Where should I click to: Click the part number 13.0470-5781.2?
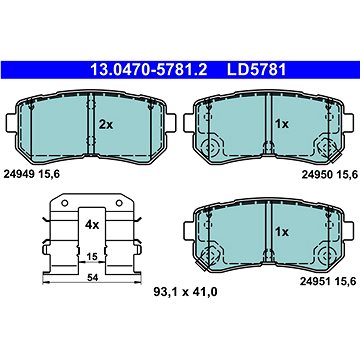[x=149, y=70]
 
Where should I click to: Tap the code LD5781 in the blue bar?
[x=257, y=70]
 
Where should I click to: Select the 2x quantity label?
[x=106, y=125]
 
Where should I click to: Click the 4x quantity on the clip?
[x=92, y=225]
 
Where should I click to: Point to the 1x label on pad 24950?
[x=282, y=124]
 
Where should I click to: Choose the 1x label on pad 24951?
[x=282, y=232]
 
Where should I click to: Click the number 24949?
[x=19, y=174]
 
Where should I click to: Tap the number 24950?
[x=317, y=174]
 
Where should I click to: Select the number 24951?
[x=315, y=282]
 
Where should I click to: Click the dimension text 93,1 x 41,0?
[x=185, y=292]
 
